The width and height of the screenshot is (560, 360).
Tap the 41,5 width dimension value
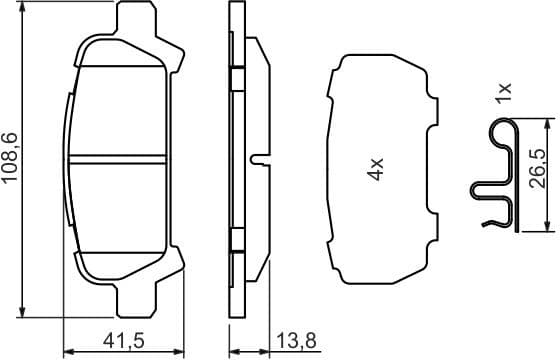click(x=125, y=342)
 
